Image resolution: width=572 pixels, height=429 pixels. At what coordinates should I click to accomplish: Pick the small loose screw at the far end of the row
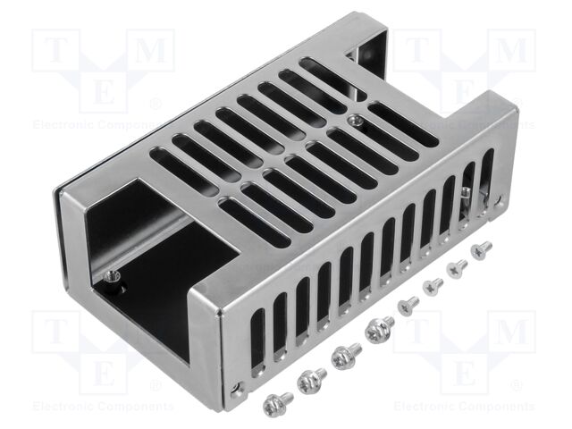click(482, 250)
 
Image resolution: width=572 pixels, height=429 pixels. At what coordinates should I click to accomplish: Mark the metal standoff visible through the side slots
click(465, 195)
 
